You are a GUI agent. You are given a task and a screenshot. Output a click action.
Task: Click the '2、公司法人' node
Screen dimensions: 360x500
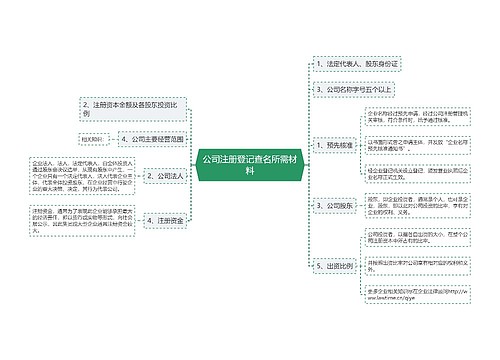click(x=163, y=176)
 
